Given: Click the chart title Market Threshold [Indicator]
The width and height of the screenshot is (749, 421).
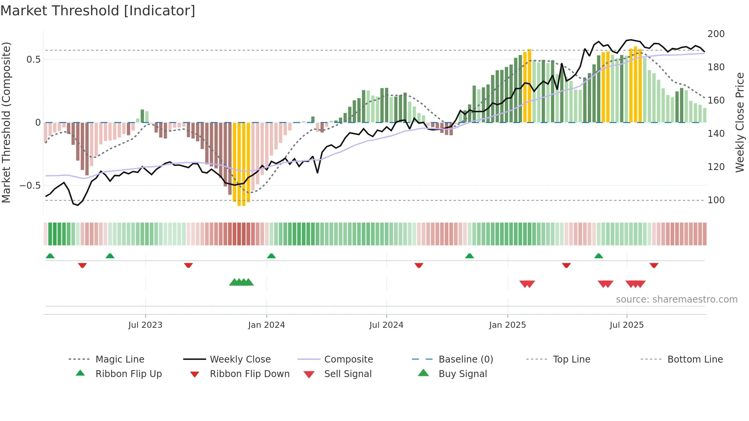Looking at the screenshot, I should [x=98, y=11].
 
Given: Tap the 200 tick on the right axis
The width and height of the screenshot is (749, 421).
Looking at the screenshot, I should [x=716, y=34].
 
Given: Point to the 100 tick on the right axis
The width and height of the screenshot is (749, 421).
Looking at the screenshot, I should [x=716, y=200].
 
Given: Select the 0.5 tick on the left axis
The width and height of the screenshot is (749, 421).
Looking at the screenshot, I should [x=33, y=60].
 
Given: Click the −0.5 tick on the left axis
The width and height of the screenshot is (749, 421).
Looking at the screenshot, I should [x=30, y=186].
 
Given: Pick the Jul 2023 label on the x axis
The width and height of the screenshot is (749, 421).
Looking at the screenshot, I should [x=145, y=325].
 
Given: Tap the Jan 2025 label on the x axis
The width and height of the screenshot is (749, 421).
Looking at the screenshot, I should [x=507, y=325].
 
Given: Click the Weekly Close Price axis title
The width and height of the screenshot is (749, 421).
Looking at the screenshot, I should [x=740, y=122].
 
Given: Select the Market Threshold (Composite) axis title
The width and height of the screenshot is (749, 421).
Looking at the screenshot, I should [x=6, y=122].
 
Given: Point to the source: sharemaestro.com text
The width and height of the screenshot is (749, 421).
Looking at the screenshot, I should [x=676, y=300].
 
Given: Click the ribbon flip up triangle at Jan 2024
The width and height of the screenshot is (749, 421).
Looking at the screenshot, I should [x=271, y=256].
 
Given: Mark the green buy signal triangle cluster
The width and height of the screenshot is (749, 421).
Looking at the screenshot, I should [x=241, y=282].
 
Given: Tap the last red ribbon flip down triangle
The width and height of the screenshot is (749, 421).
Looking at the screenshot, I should [x=654, y=265].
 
